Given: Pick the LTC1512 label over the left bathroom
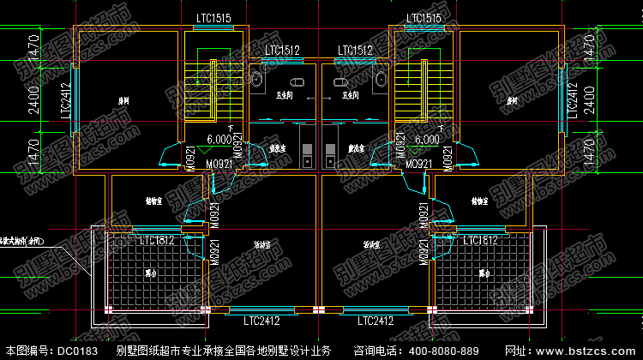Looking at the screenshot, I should [282, 51].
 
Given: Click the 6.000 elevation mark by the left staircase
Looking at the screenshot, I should [221, 138].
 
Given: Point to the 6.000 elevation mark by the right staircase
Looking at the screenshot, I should [426, 139].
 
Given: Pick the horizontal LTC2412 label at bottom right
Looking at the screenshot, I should [376, 321].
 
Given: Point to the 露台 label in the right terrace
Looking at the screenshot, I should [484, 273].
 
